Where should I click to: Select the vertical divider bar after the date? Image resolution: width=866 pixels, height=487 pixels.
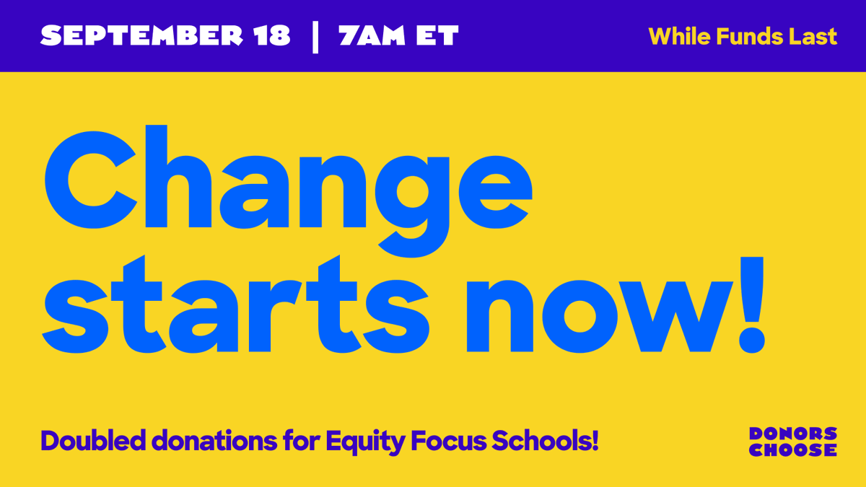point(315,36)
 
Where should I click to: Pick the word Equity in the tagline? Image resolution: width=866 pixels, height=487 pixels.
point(365,441)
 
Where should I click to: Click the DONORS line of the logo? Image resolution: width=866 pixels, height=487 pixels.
point(792,434)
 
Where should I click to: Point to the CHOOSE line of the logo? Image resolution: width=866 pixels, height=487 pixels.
point(792,450)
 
